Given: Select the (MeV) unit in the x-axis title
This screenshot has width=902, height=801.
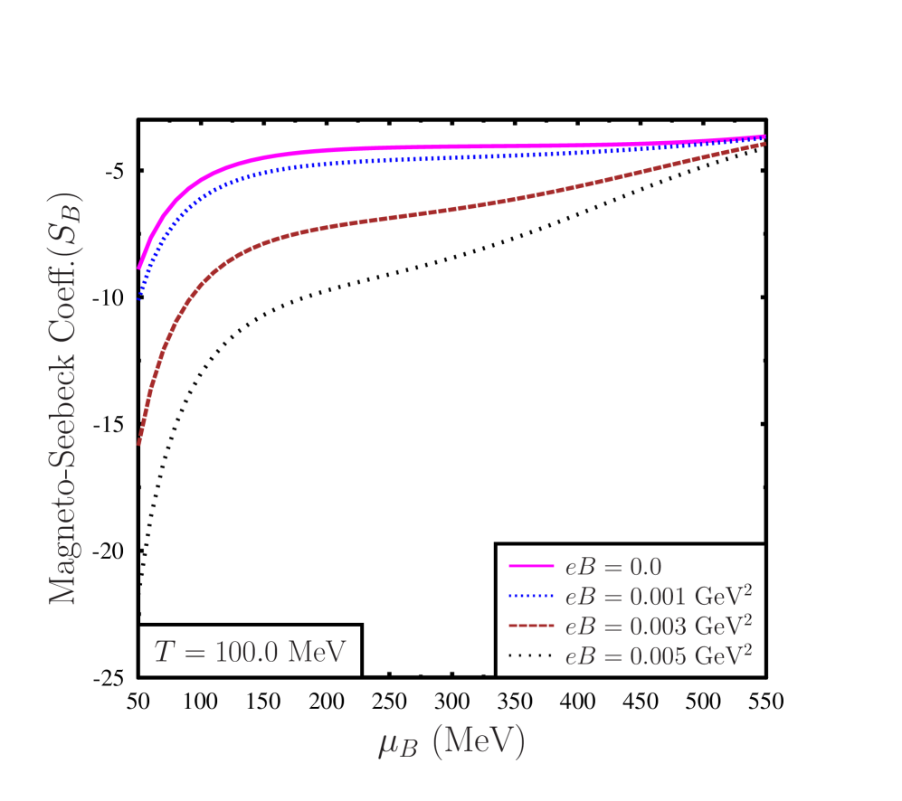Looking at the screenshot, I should (479, 741).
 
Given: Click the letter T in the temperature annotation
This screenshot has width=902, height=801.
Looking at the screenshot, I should (164, 652).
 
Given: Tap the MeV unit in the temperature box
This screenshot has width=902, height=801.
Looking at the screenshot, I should (317, 652).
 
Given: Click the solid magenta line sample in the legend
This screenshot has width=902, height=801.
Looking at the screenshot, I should (531, 567).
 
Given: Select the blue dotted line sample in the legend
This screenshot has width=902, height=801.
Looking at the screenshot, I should (531, 596).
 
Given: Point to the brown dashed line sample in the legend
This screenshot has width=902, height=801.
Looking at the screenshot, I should (531, 625).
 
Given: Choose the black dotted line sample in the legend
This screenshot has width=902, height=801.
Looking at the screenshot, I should (531, 654).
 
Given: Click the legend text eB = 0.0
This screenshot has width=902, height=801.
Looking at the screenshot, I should (613, 567).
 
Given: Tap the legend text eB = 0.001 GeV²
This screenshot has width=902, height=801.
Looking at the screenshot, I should (658, 596).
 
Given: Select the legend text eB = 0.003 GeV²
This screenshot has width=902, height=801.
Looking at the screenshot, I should (658, 625).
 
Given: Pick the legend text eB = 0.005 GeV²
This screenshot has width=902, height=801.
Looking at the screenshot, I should (658, 654).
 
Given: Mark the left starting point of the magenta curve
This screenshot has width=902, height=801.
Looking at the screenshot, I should (138, 268).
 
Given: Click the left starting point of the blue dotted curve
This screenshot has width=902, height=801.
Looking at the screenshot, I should (138, 298).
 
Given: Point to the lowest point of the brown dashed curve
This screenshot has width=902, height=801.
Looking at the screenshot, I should (138, 443).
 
